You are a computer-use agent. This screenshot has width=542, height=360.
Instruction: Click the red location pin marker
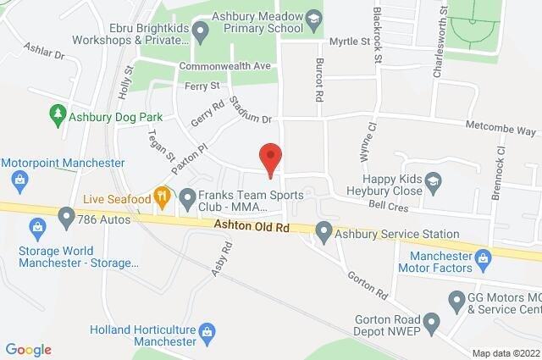tap(270, 159)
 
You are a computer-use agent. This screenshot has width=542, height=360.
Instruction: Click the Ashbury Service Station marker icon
tap(324, 230)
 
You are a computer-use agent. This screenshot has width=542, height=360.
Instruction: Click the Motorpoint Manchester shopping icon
tap(19, 179)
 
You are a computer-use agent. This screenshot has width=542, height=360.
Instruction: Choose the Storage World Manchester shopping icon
tap(36, 227)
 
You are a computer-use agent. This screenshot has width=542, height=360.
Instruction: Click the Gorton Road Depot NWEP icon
tap(431, 321)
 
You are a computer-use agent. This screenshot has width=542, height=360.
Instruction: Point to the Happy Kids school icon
tap(434, 180)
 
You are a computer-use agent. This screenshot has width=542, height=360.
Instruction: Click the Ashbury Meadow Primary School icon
tap(313, 19)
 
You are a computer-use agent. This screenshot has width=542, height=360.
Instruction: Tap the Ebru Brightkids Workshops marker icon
tap(201, 33)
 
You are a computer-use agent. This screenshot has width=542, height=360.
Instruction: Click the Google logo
tap(28, 349)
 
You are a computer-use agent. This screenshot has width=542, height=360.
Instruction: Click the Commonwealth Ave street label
tap(224, 66)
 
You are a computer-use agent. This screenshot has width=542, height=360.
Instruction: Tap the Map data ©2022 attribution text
tap(505, 352)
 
